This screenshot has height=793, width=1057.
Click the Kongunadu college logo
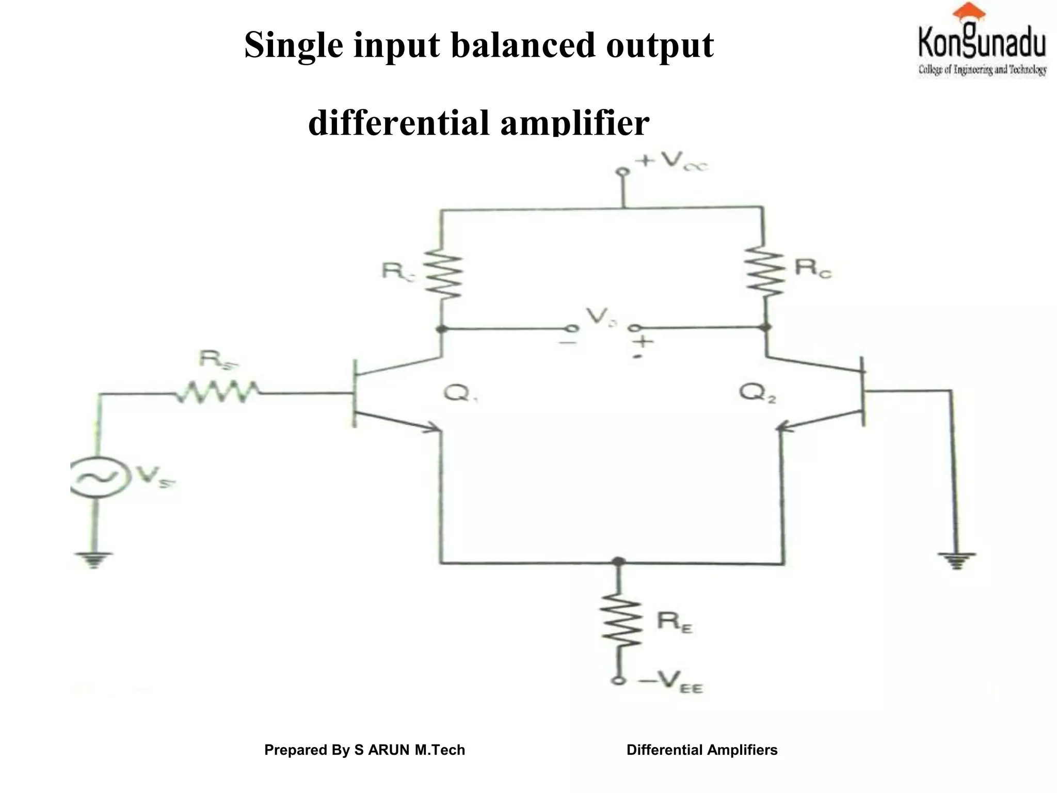[x=982, y=41]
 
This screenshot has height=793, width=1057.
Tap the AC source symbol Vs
[x=97, y=478]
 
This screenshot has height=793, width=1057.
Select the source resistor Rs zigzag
[x=217, y=393]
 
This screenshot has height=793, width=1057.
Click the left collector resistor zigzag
[x=443, y=273]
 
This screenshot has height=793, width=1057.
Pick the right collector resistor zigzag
[x=765, y=272]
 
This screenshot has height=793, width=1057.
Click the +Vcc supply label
[x=671, y=161]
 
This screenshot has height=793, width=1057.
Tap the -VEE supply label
[x=670, y=683]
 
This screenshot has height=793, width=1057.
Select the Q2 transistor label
[x=758, y=393]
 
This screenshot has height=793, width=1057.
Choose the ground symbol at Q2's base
[x=956, y=560]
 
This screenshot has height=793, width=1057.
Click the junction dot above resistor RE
[x=618, y=562]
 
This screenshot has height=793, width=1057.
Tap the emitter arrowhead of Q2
[x=783, y=427]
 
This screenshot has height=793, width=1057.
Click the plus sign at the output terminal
[x=643, y=341]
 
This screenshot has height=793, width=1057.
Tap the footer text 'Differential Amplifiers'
[x=701, y=750]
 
